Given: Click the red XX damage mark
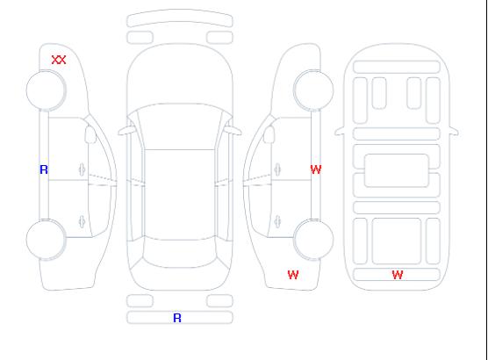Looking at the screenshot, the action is point(59,60).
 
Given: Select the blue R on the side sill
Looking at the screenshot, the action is point(44,169).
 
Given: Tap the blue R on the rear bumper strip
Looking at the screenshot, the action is point(177,318).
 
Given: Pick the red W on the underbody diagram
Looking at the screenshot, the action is point(398,275).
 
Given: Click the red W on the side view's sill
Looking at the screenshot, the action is point(316,169).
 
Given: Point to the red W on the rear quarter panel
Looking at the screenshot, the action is point(293,275).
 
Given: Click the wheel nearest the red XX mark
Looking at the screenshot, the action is point(46,90).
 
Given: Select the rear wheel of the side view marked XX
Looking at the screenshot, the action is point(46,240).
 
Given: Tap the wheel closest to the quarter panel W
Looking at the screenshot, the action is point(313,240).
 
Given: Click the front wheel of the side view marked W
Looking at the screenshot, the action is point(313,90).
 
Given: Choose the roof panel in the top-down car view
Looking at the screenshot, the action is point(180,195).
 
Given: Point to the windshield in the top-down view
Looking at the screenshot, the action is point(180,126).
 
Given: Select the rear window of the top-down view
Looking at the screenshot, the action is point(180,253).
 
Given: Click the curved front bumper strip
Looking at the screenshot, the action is point(180,18).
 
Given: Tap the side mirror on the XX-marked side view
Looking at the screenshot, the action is point(90,134).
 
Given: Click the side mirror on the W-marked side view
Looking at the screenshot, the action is point(269,134).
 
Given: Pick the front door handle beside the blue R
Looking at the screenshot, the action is point(82,169).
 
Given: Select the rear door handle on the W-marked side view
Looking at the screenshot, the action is point(277,221).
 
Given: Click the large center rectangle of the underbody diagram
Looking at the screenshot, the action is point(397,170).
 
